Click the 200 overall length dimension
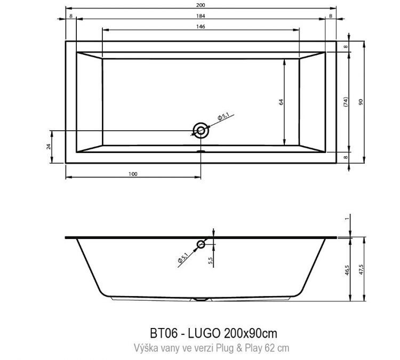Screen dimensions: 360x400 click(201, 5)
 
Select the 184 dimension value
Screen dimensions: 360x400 click(201, 15)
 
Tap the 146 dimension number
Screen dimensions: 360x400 click(201, 26)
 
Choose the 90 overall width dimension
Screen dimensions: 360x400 click(361, 101)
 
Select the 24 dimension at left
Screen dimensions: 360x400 click(49, 147)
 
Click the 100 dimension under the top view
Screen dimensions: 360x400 click(133, 174)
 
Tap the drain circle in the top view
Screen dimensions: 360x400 click(201, 131)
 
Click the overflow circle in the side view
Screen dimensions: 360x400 click(201, 245)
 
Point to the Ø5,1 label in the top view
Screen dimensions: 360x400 click(223, 116)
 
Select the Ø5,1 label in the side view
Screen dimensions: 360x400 click(184, 258)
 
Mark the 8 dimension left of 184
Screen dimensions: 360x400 click(71, 15)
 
